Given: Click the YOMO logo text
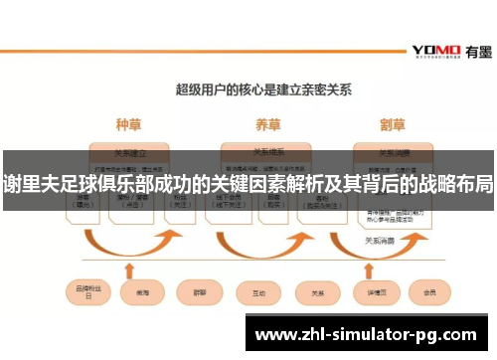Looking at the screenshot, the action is pos(435,51).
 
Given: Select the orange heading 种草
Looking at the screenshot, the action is pos(129,125).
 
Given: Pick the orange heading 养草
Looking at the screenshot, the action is pos(268,125).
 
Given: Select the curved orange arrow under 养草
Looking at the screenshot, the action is pos(263,244).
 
